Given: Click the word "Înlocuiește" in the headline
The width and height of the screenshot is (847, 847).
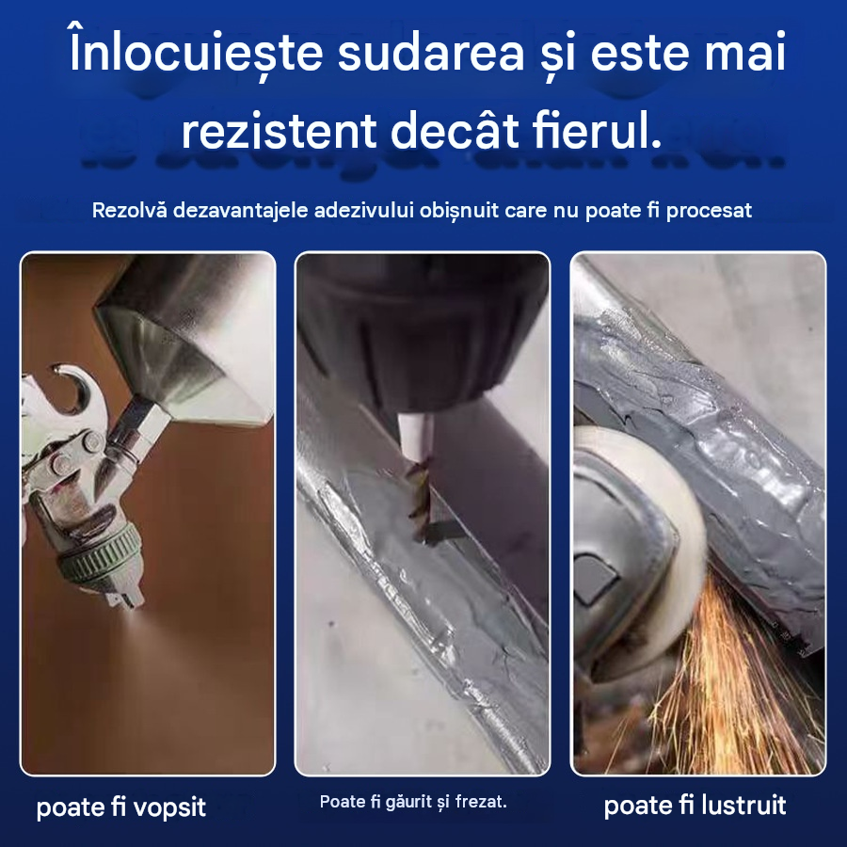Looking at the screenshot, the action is (x=196, y=53).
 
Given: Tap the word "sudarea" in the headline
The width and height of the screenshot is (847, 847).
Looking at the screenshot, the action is (x=431, y=54).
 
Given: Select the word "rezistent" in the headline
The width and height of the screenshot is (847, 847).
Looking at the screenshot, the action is (x=279, y=131).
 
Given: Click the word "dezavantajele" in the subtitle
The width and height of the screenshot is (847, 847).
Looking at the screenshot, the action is (x=240, y=210).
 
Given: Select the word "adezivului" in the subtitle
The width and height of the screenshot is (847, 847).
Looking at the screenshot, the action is (x=363, y=210).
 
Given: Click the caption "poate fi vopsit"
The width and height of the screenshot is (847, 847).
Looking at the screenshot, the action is (x=121, y=807).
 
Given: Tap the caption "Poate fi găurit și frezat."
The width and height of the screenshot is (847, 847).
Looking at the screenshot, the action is (x=413, y=802).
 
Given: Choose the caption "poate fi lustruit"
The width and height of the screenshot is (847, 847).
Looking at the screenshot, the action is (x=695, y=805).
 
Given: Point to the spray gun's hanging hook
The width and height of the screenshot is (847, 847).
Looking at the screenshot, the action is (x=72, y=388).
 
